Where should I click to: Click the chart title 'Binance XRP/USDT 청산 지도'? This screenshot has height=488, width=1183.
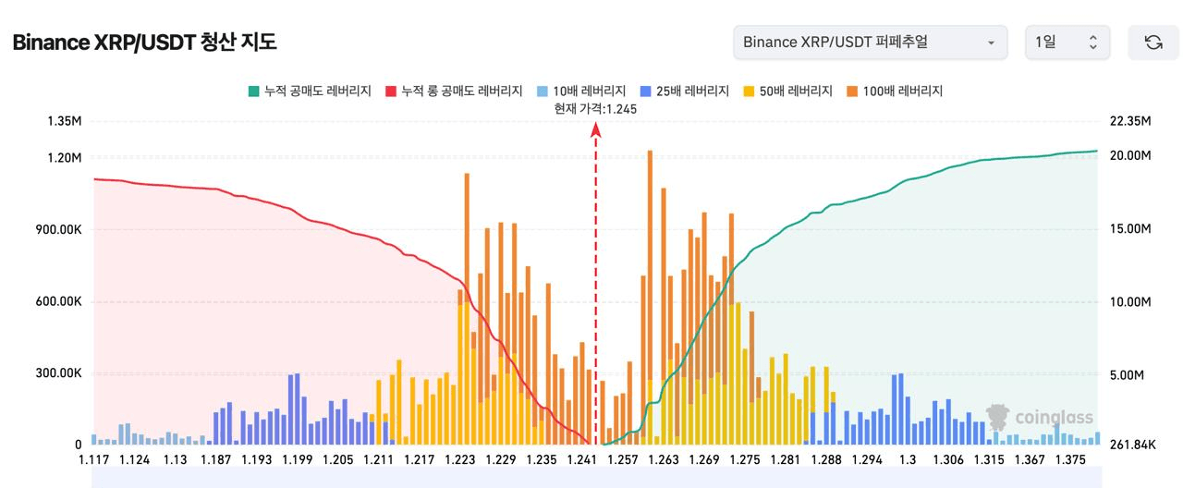pos(144,43)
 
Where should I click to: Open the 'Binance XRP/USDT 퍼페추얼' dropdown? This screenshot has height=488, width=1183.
pos(870,43)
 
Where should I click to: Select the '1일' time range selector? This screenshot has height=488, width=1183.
pos(1067,43)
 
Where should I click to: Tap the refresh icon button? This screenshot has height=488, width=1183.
pos(1153,43)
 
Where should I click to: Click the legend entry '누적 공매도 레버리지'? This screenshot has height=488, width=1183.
pos(310,91)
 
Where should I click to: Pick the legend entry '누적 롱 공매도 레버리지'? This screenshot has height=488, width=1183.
pos(454,91)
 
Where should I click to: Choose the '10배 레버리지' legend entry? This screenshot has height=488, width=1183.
pos(581,91)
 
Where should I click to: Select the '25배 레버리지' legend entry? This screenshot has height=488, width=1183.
pos(685,91)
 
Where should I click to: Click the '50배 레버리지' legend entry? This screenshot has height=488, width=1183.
pos(788,91)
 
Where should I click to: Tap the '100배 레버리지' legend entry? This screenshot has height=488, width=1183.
pos(895,91)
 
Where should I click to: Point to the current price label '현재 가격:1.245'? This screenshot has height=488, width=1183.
pos(595,109)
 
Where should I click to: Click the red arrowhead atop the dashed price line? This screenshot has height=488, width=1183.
pos(596,129)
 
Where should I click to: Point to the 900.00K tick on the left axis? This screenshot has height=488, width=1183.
pos(58,230)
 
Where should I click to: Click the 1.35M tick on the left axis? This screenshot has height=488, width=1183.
pos(65,121)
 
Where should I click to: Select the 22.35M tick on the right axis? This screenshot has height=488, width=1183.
pos(1130,121)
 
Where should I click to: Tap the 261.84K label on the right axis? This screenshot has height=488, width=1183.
pos(1132,445)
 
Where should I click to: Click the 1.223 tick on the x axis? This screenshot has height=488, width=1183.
pos(460,459)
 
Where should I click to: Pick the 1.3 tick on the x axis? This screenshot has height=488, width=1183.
pos(908,459)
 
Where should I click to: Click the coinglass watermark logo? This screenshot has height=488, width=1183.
pos(1040,417)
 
